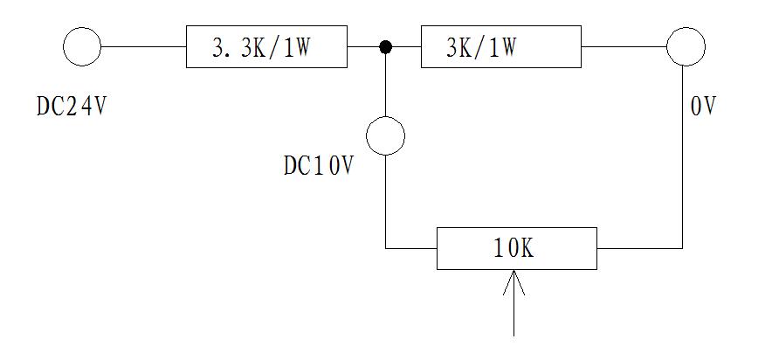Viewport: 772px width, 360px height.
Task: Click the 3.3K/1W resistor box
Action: (266, 47)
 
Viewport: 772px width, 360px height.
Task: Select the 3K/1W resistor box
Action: (500, 47)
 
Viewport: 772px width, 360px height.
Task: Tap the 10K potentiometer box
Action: (516, 249)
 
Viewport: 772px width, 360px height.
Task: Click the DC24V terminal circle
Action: (83, 46)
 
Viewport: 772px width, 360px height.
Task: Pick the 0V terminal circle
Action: (686, 46)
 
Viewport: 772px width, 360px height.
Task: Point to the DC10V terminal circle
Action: (385, 135)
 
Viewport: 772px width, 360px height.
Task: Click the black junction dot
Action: (384, 46)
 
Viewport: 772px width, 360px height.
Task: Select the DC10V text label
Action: (319, 166)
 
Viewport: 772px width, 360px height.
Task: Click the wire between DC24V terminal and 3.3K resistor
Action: (143, 46)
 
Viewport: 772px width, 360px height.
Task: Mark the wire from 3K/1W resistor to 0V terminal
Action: (624, 46)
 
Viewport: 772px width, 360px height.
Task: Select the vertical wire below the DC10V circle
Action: (385, 201)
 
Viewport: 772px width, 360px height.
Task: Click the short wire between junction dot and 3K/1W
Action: (404, 46)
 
